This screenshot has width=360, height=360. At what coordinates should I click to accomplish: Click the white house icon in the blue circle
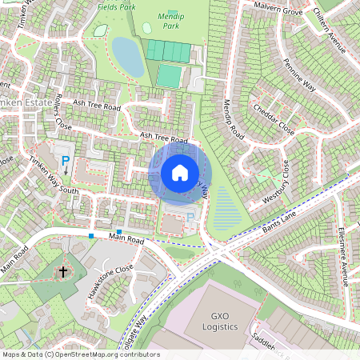[x=180, y=173]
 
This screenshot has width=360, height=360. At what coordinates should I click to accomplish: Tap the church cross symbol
[x=62, y=272]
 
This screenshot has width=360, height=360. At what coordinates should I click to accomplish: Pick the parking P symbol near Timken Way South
[x=66, y=161]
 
